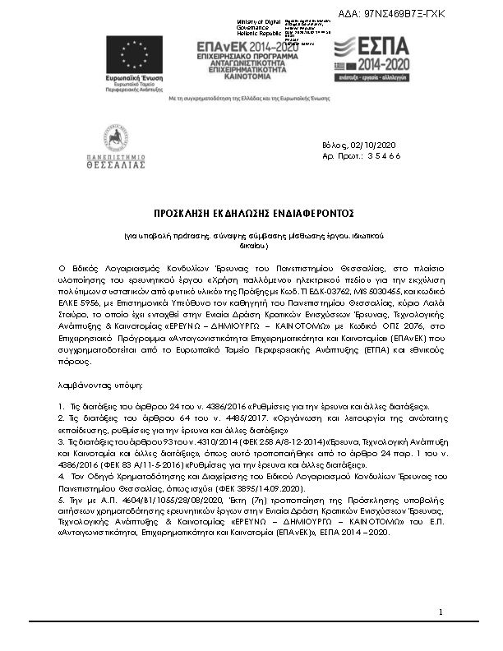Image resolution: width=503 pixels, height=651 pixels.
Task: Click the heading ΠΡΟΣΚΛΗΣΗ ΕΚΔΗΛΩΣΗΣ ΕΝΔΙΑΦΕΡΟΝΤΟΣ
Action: coord(251,212)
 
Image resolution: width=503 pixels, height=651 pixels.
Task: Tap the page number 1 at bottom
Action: coord(441,612)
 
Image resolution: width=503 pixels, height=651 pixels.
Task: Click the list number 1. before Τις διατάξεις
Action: coord(61,406)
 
